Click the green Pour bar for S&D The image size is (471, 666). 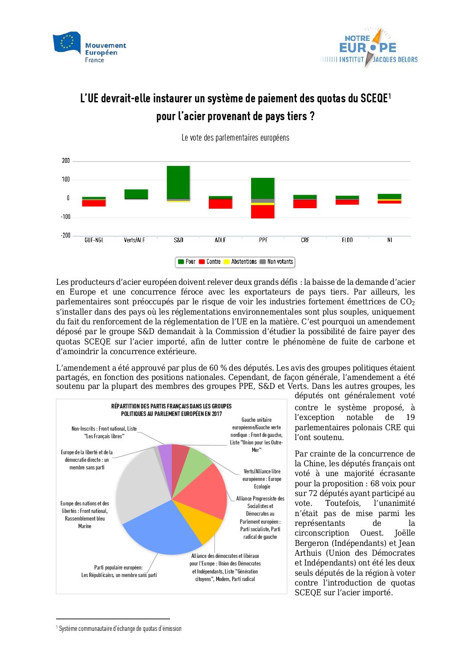(179, 182)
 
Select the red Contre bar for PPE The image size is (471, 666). (263, 211)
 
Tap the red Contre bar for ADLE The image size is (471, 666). (220, 204)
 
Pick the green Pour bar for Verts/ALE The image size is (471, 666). (136, 194)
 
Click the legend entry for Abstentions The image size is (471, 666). (240, 262)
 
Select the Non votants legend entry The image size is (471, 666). (276, 262)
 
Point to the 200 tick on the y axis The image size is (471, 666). (66, 161)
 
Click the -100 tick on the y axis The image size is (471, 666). (65, 217)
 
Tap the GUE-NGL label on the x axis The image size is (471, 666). (93, 240)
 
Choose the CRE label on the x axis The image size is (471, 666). (305, 240)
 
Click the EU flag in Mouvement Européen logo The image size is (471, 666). (67, 42)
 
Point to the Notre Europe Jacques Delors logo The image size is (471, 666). (369, 48)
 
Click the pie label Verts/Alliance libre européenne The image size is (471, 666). (262, 479)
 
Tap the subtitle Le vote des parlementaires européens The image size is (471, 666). (235, 138)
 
